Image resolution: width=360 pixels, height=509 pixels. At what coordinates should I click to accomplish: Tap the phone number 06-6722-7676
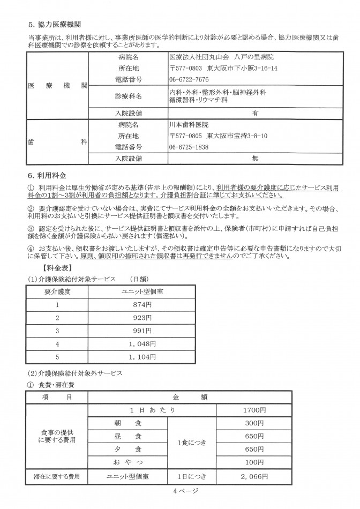(189, 79)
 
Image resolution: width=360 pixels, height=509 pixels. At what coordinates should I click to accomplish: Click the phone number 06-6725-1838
(189, 146)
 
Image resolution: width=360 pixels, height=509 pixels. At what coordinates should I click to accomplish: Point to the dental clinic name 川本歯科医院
(189, 124)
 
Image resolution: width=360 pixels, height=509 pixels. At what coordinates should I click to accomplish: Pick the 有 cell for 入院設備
(255, 113)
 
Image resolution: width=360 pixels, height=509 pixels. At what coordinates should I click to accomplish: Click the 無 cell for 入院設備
(255, 159)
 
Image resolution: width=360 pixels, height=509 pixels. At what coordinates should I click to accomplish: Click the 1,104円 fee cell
(142, 356)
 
